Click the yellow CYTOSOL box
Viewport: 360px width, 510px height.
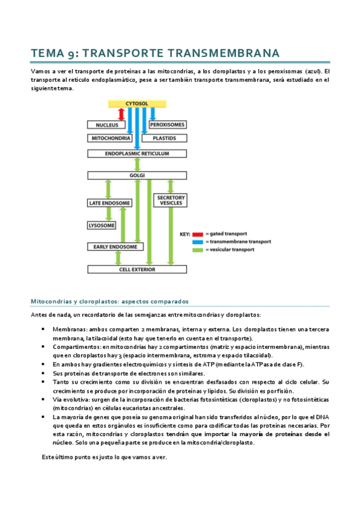point(138,103)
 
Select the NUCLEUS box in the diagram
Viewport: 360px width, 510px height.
point(106,125)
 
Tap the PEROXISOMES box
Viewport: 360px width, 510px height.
point(168,125)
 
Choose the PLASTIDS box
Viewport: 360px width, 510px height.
point(163,138)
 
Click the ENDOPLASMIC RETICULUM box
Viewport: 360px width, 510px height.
point(138,154)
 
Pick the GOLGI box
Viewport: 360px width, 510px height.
point(138,176)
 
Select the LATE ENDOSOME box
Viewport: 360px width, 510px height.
point(110,203)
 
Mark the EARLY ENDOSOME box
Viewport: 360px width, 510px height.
point(114,247)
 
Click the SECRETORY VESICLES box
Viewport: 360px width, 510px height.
point(171,200)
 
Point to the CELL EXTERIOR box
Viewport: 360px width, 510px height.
point(138,269)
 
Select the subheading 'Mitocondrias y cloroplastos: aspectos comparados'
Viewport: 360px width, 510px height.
point(110,301)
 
